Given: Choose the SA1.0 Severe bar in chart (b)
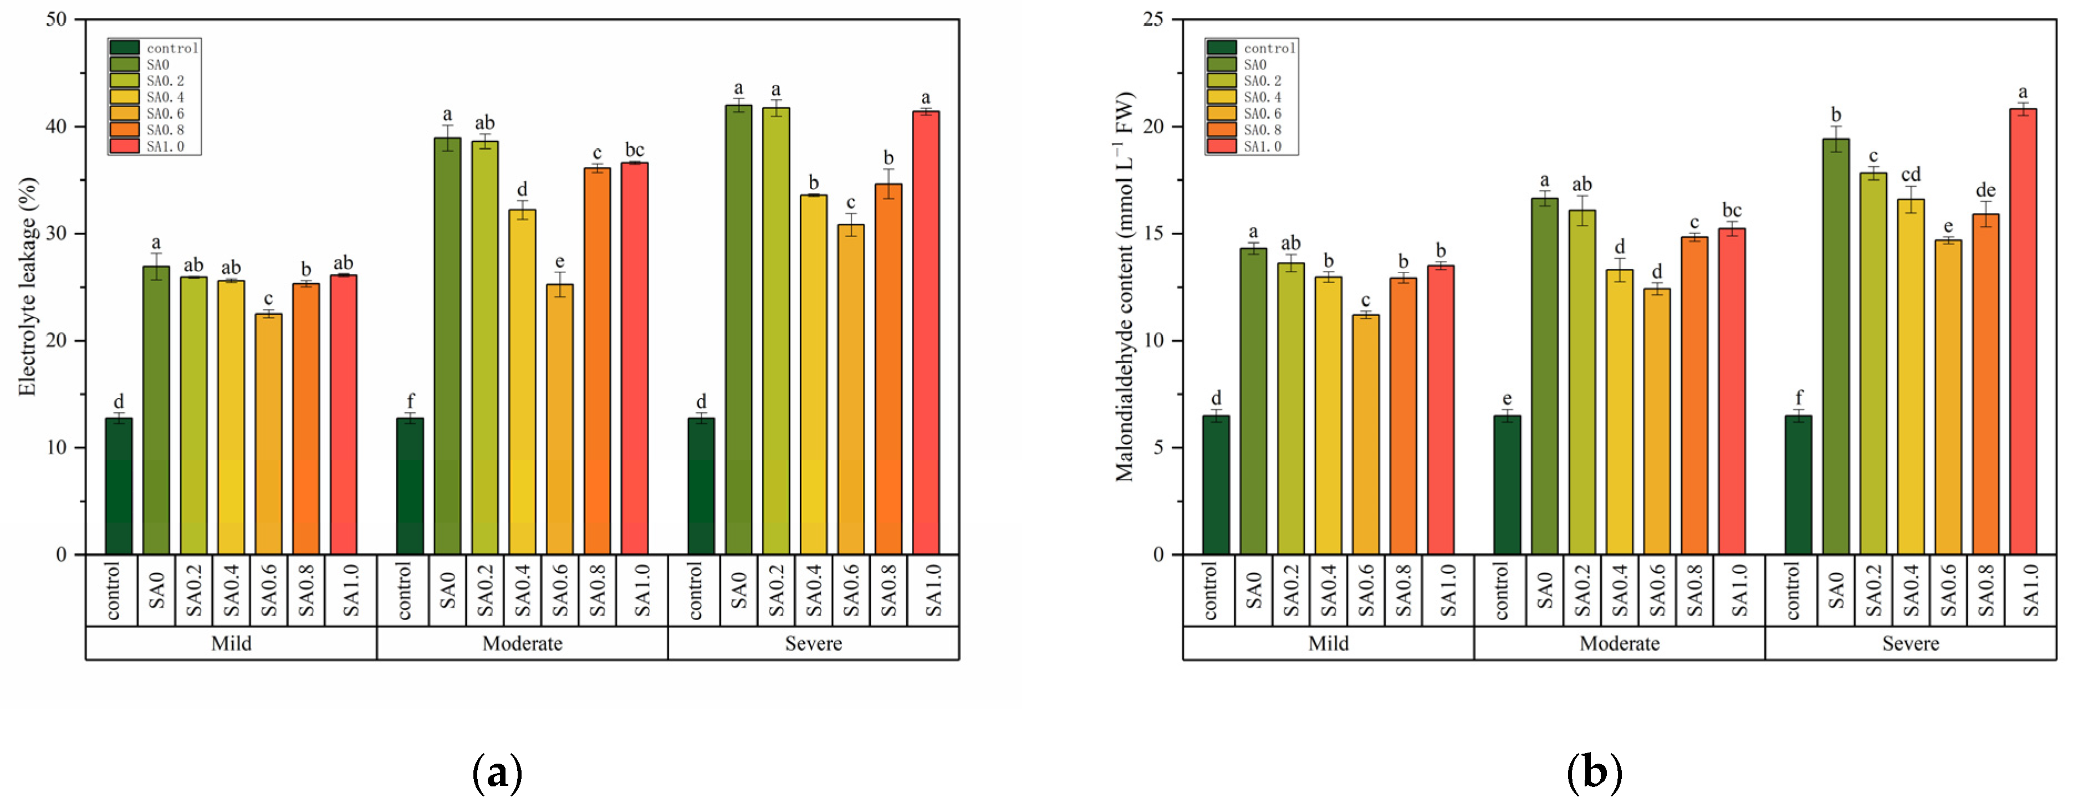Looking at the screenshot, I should pyautogui.click(x=2023, y=331).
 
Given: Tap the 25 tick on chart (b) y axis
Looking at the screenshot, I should pyautogui.click(x=1153, y=19).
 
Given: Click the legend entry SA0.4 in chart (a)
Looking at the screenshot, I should pyautogui.click(x=165, y=97).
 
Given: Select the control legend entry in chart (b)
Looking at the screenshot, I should pyautogui.click(x=1268, y=48).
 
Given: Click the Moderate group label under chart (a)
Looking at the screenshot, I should pyautogui.click(x=522, y=643).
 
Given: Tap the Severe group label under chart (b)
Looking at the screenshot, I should pyautogui.click(x=1910, y=643).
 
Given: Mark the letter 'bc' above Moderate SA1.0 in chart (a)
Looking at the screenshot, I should pyautogui.click(x=634, y=150).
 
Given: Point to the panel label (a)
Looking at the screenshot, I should pyautogui.click(x=496, y=773).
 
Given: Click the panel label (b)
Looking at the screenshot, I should pyautogui.click(x=1594, y=773).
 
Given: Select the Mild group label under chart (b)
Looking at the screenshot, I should pyautogui.click(x=1328, y=643).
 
